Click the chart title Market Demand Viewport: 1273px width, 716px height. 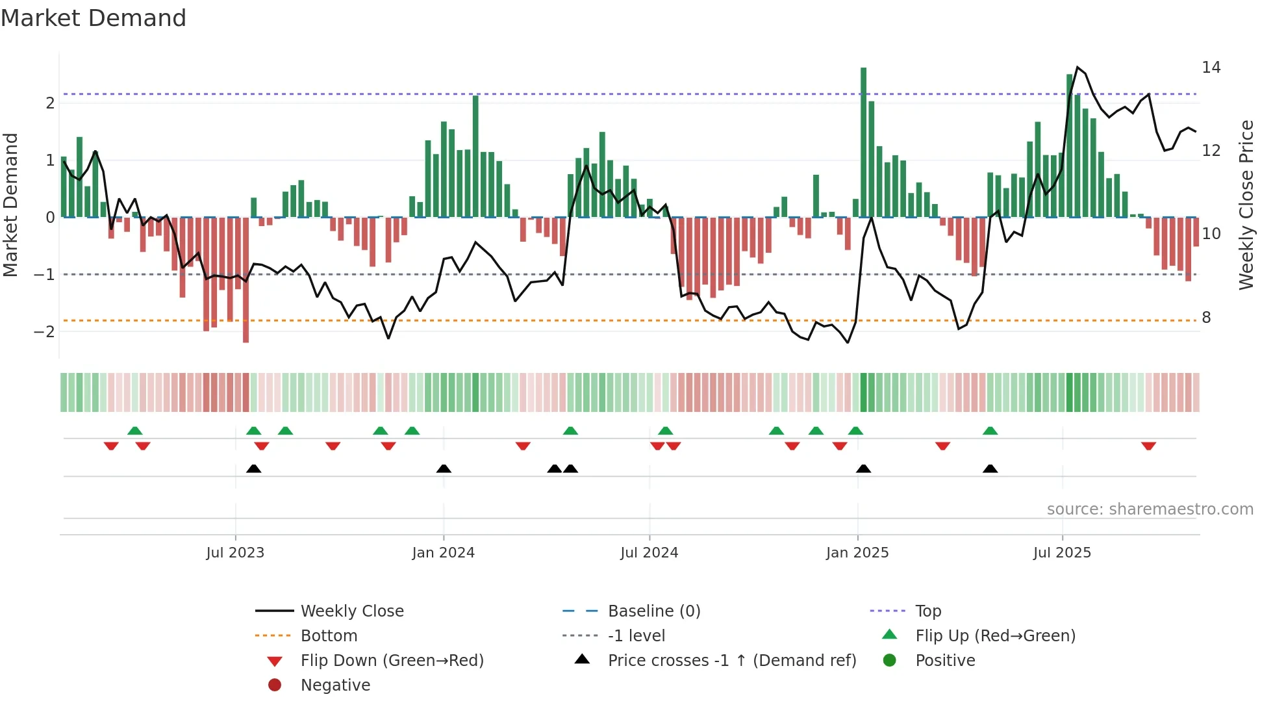tap(94, 18)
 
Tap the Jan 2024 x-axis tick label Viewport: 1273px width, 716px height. tap(443, 553)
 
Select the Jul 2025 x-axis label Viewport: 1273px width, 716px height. tap(1062, 553)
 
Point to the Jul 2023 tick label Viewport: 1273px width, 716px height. tap(235, 553)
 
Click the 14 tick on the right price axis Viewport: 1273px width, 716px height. tap(1211, 68)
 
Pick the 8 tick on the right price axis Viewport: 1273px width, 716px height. tap(1206, 318)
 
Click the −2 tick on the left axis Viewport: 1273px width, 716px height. tap(44, 332)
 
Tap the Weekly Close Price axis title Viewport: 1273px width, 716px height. tap(1246, 205)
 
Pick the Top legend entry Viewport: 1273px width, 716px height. tap(927, 611)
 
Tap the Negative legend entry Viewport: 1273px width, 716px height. tap(335, 685)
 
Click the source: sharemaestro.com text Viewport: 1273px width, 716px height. tap(1150, 509)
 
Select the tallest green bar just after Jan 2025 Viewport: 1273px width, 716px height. tap(863, 143)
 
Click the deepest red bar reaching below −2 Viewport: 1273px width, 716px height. tap(246, 279)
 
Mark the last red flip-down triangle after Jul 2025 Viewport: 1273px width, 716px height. tap(1148, 446)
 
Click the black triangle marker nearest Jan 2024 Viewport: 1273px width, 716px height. tap(444, 468)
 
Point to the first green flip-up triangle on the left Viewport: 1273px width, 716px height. tap(135, 431)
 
